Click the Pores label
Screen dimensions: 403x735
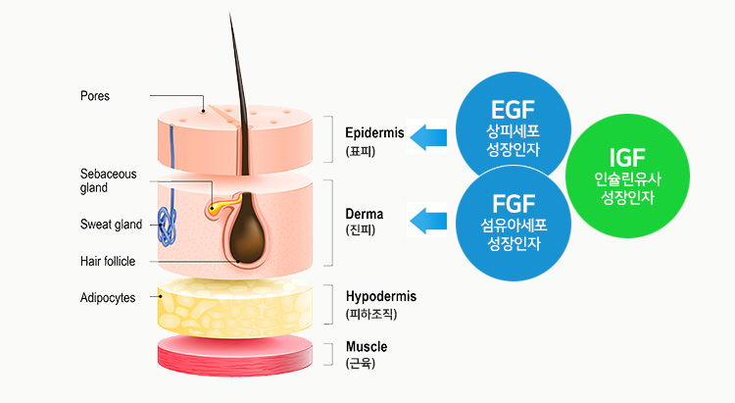tap(95, 96)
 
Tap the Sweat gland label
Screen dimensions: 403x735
tap(111, 225)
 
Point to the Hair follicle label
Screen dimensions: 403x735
tap(108, 261)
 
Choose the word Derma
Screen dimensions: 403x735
tap(365, 213)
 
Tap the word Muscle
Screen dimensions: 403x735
tap(367, 347)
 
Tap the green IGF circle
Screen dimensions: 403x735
tap(624, 176)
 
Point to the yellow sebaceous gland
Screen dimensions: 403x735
tap(217, 207)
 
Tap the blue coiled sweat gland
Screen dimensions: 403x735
tap(170, 227)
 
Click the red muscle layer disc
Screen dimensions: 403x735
tap(236, 356)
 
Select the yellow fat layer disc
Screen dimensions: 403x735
tap(235, 305)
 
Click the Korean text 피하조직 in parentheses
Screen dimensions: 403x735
tap(372, 314)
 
